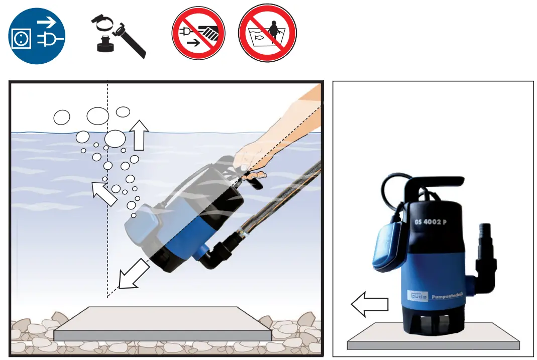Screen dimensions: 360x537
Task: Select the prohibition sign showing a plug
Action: point(198,34)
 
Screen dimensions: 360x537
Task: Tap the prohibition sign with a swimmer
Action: point(267,34)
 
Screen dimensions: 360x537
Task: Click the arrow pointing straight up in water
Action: point(139,135)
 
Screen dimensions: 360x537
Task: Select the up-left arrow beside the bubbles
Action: point(105,193)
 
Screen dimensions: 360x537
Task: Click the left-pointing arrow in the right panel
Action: point(369,305)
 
